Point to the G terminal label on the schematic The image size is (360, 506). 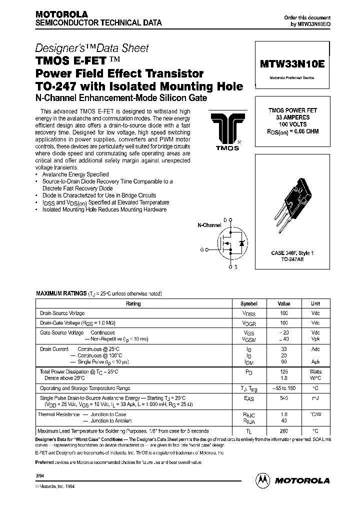[x=202, y=248]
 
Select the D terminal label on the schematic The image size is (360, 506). [x=225, y=220]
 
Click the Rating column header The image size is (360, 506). [x=133, y=303]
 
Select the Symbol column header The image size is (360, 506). [x=249, y=303]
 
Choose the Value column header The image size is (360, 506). [x=284, y=303]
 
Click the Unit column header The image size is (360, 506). [x=315, y=303]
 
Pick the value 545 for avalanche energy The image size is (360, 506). [x=284, y=398]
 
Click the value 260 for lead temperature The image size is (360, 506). [x=284, y=431]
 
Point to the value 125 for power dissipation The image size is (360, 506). [x=284, y=372]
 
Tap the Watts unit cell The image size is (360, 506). [x=315, y=372]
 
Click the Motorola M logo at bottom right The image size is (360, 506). [x=262, y=480]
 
